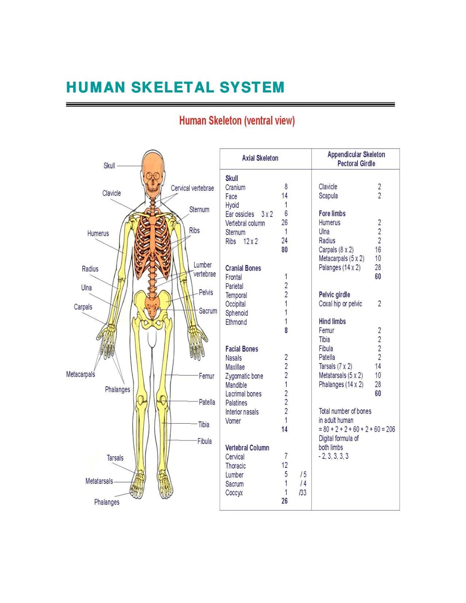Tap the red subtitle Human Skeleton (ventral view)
pyautogui.click(x=237, y=121)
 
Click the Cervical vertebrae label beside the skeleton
pyautogui.click(x=192, y=188)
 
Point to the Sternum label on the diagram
pyautogui.click(x=199, y=210)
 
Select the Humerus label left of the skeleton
pyautogui.click(x=98, y=233)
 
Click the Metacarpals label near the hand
pyautogui.click(x=80, y=374)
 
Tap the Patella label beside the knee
pyautogui.click(x=207, y=402)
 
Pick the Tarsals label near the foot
pyautogui.click(x=115, y=458)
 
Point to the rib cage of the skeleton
pyautogui.click(x=152, y=245)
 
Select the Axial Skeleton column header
pyautogui.click(x=260, y=158)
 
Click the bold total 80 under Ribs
pyautogui.click(x=284, y=250)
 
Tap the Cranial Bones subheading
pyautogui.click(x=243, y=268)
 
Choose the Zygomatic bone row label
pyautogui.click(x=244, y=376)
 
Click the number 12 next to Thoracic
pyautogui.click(x=284, y=465)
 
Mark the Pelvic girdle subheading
pyautogui.click(x=334, y=295)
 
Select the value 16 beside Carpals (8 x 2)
pyautogui.click(x=378, y=249)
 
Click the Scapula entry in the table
pyautogui.click(x=328, y=196)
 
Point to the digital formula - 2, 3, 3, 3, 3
pyautogui.click(x=334, y=456)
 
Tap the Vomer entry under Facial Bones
pyautogui.click(x=233, y=421)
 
